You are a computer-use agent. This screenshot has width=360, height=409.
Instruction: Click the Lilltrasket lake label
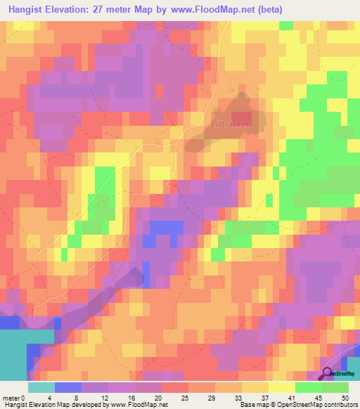pos(229,126)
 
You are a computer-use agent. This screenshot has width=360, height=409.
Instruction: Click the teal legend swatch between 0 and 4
pos(41,387)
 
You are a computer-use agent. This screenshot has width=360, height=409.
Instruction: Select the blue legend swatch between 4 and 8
pos(68,387)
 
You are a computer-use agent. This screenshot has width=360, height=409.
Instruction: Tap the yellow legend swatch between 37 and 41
pos(282,387)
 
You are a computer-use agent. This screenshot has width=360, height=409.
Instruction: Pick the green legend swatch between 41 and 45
pos(309,387)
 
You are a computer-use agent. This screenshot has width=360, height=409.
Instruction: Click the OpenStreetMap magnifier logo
pos(327,374)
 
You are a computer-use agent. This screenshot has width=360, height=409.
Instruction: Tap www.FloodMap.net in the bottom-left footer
pos(138,405)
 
